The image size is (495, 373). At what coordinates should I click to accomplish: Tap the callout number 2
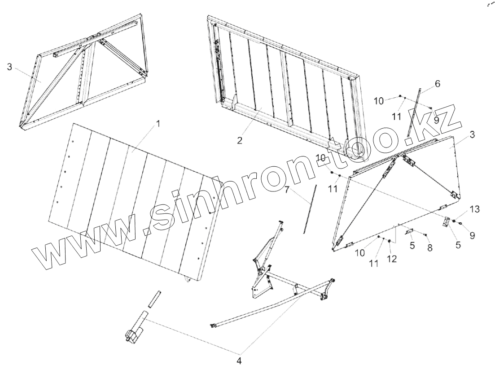click(240, 140)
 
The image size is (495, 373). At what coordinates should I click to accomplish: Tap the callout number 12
click(392, 259)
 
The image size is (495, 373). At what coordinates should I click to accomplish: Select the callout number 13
click(474, 209)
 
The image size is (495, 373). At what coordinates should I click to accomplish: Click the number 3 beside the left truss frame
click(9, 67)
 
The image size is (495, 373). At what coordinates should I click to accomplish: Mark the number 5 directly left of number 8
click(412, 246)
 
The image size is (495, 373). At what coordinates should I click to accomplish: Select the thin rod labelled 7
click(310, 208)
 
